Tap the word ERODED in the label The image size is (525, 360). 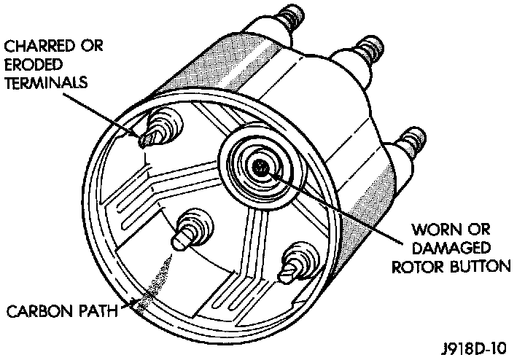point(27,63)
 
